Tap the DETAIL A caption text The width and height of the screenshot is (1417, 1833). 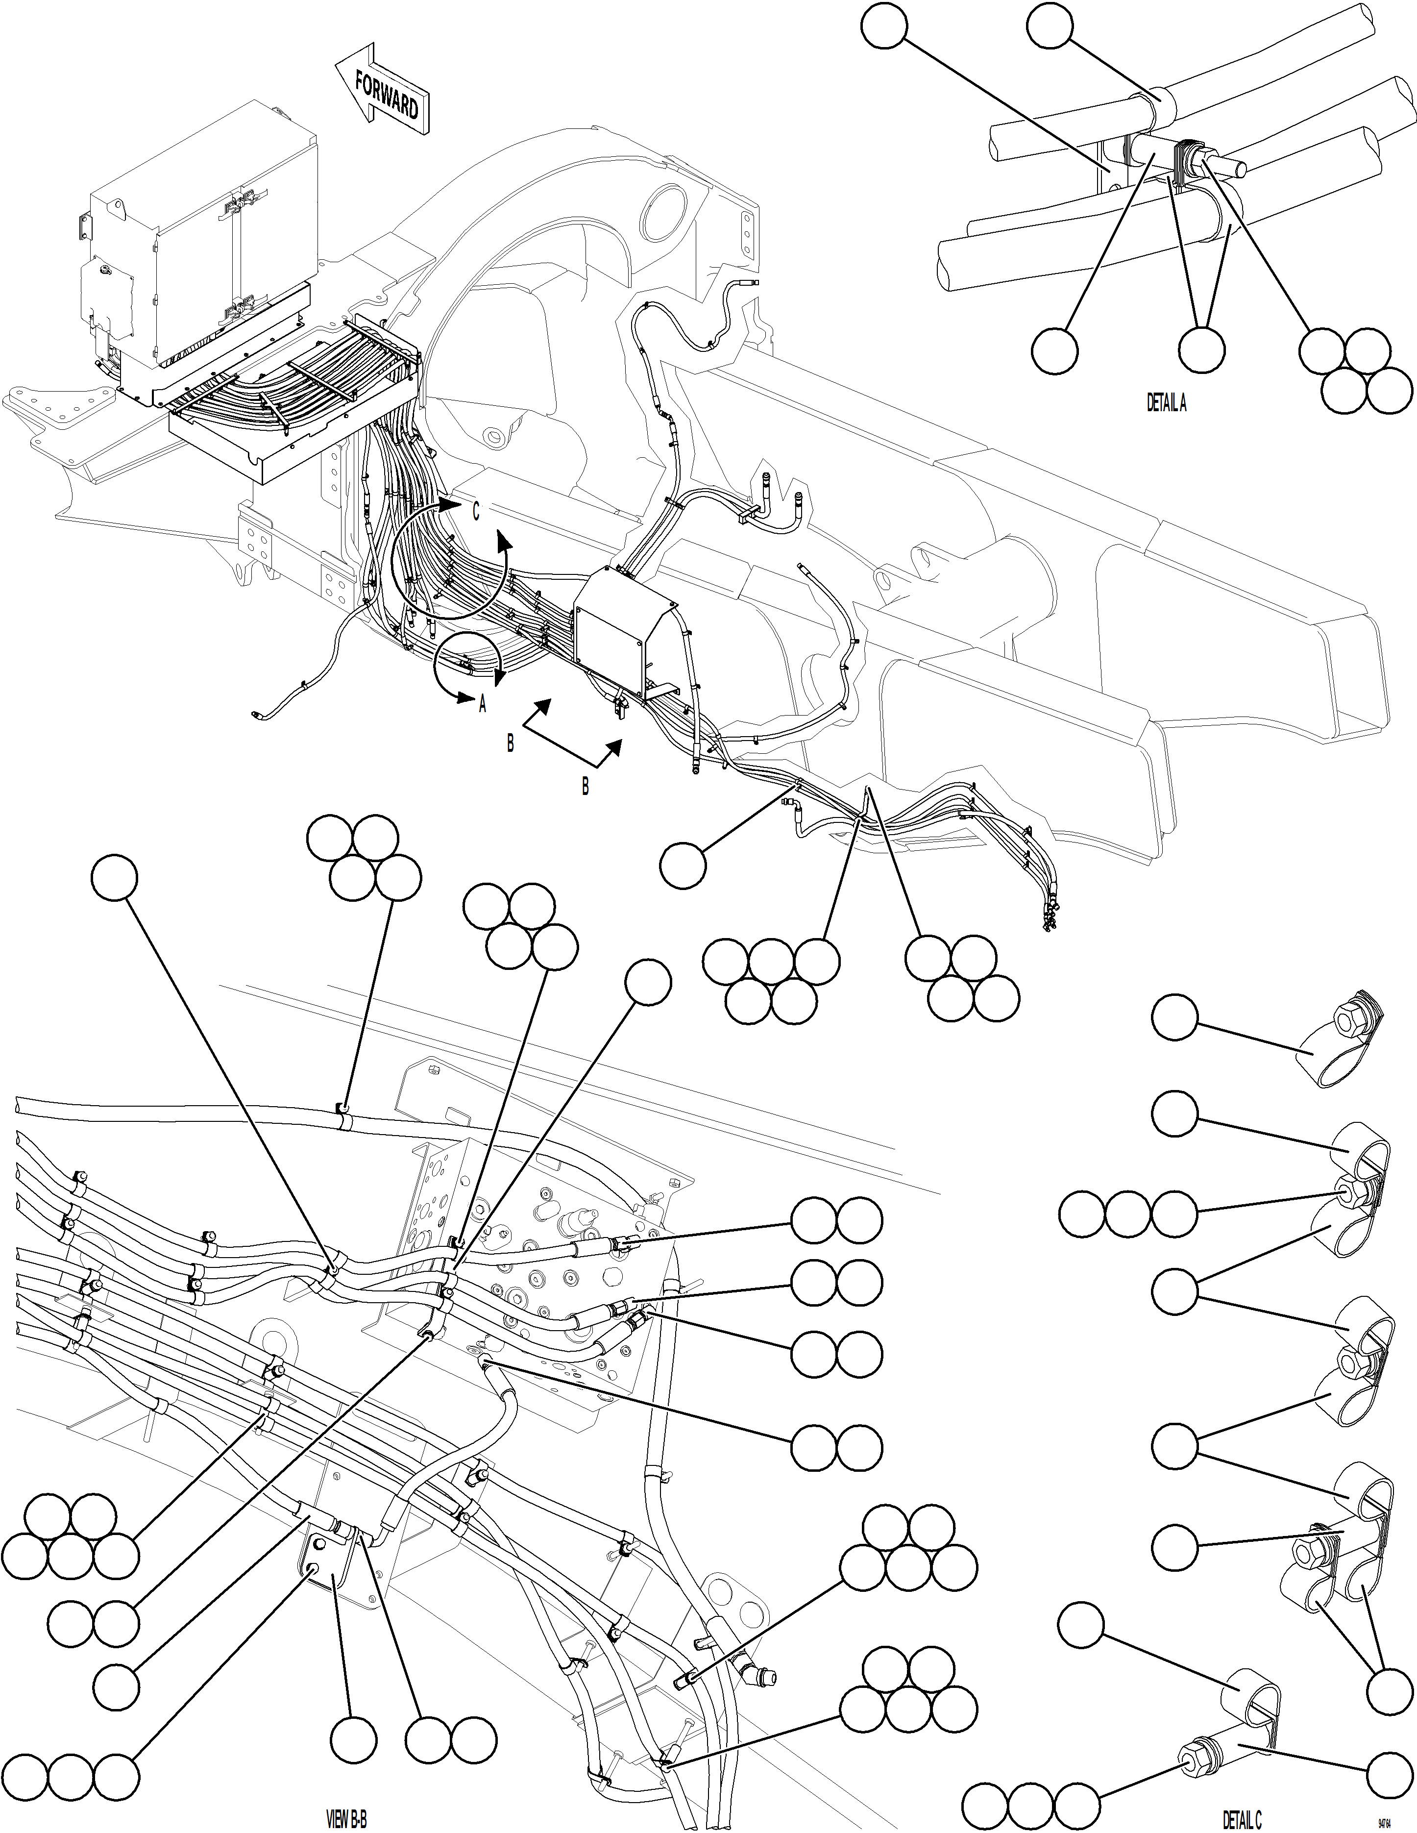click(1166, 403)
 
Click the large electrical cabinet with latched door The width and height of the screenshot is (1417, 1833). click(206, 244)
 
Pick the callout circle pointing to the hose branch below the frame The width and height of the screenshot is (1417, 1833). click(683, 866)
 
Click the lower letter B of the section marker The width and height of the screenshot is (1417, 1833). click(585, 787)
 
